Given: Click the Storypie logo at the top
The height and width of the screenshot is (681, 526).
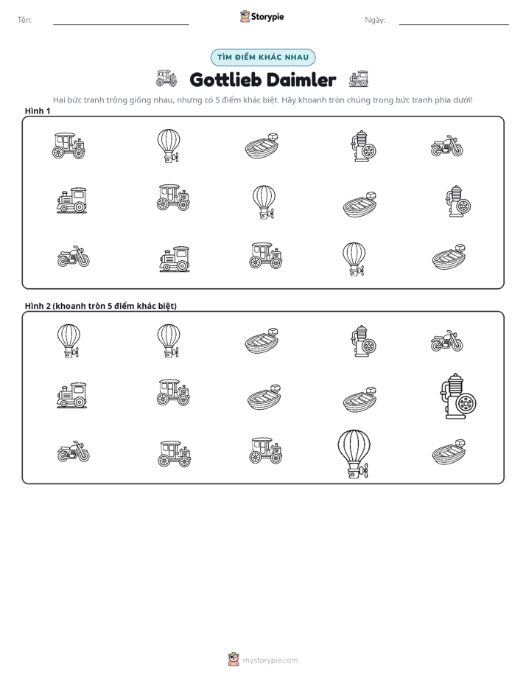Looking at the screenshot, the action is [262, 16].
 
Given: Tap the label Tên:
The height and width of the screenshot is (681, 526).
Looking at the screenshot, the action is [24, 20].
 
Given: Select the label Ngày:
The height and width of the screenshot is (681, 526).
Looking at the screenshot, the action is [375, 20].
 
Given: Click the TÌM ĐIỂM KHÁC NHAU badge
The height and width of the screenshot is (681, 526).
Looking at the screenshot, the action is [263, 57].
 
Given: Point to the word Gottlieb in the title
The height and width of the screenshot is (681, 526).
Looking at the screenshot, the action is [225, 80].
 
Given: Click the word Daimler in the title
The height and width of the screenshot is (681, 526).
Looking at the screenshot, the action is [301, 80].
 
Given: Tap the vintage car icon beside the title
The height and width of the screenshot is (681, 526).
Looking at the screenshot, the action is [166, 78].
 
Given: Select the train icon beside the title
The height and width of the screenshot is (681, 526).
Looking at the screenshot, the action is [359, 79].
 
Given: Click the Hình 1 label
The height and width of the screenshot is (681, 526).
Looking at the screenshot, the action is [38, 111].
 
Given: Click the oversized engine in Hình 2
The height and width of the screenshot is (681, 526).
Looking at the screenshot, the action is [458, 396].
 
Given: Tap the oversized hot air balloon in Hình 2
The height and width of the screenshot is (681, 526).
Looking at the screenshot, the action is [354, 454].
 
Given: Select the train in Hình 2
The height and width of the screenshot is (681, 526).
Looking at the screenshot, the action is [71, 395].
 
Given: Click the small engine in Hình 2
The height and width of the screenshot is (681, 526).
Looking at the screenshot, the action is [363, 341].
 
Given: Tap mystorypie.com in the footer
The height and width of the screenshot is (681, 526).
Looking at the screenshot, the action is [270, 660].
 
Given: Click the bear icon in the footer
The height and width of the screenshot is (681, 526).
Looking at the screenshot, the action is [234, 660].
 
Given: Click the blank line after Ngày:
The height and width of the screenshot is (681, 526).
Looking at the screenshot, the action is [454, 25].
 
